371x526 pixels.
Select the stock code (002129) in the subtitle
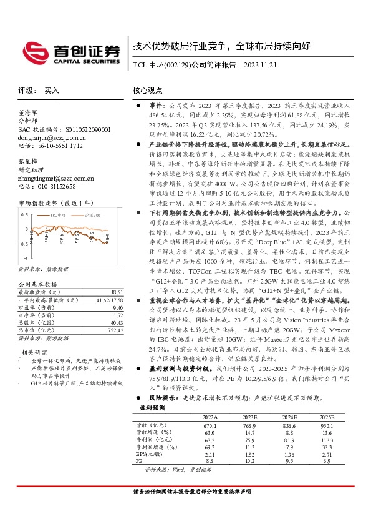click(176, 65)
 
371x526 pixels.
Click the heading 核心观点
click(147, 91)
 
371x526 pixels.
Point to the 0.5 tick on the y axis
click(25, 214)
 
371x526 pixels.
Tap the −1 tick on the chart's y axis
click(25, 257)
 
